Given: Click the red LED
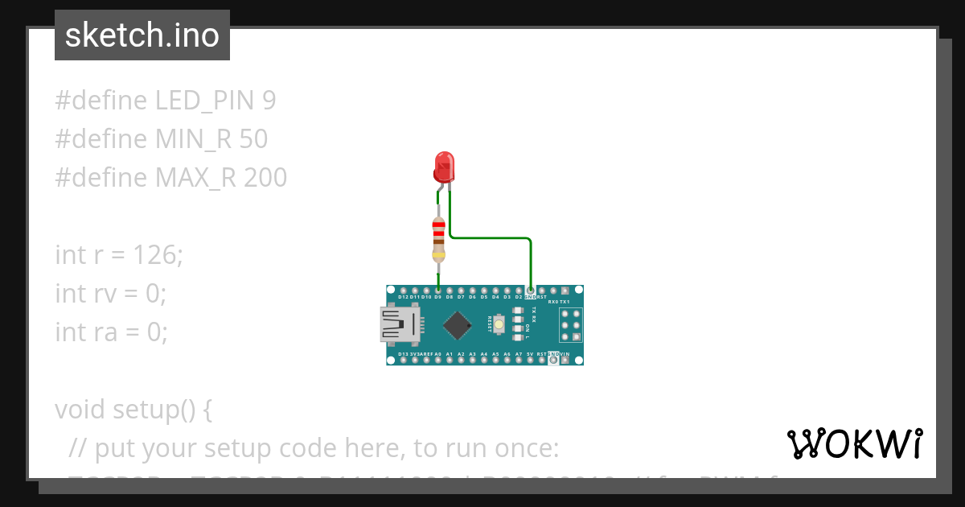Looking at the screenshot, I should tap(443, 167).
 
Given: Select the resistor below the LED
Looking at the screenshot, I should tap(438, 239).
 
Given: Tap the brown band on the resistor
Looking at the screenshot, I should tap(438, 241).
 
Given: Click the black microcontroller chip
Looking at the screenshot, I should tap(457, 324).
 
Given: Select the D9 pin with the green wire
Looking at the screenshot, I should tap(437, 290).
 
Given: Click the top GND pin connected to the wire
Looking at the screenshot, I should tap(530, 290).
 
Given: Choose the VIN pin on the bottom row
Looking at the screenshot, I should tap(565, 360).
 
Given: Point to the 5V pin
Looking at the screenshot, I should tap(530, 360).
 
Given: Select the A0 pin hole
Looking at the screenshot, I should tap(437, 360).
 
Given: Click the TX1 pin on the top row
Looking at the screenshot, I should tap(565, 290).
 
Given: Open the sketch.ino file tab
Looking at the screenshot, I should tap(142, 35).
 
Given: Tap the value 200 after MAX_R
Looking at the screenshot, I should tap(265, 178).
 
